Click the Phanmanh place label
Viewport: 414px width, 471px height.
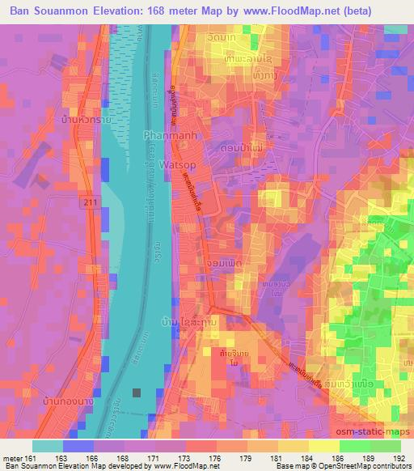pos(167,135)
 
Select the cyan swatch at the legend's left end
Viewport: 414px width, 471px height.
pos(47,445)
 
